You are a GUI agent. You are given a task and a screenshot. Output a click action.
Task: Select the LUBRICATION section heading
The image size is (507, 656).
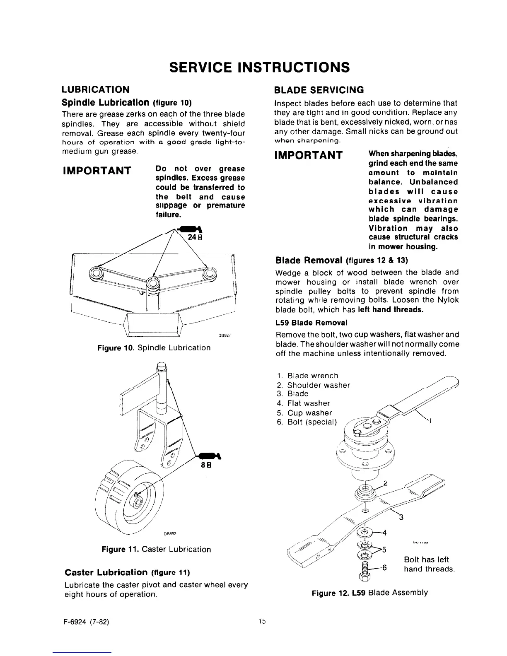pyautogui.click(x=95, y=89)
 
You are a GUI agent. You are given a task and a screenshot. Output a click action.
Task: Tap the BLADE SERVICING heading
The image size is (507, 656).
pyautogui.click(x=319, y=89)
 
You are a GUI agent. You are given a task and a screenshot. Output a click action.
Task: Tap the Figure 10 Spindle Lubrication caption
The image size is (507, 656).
pyautogui.click(x=154, y=347)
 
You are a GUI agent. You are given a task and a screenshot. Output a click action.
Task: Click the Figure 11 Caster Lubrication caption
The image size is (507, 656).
pyautogui.click(x=156, y=549)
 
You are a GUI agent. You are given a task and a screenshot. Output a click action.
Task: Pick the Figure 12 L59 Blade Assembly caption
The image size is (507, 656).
pyautogui.click(x=369, y=592)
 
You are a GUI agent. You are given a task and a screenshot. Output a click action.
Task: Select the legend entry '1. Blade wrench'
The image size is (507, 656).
pyautogui.click(x=307, y=376)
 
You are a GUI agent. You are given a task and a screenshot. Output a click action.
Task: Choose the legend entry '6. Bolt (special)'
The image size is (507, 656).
pyautogui.click(x=308, y=422)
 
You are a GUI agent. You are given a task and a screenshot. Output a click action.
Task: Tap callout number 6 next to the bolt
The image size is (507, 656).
pyautogui.click(x=384, y=568)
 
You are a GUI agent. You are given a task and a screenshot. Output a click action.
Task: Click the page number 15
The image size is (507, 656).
pyautogui.click(x=262, y=621)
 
